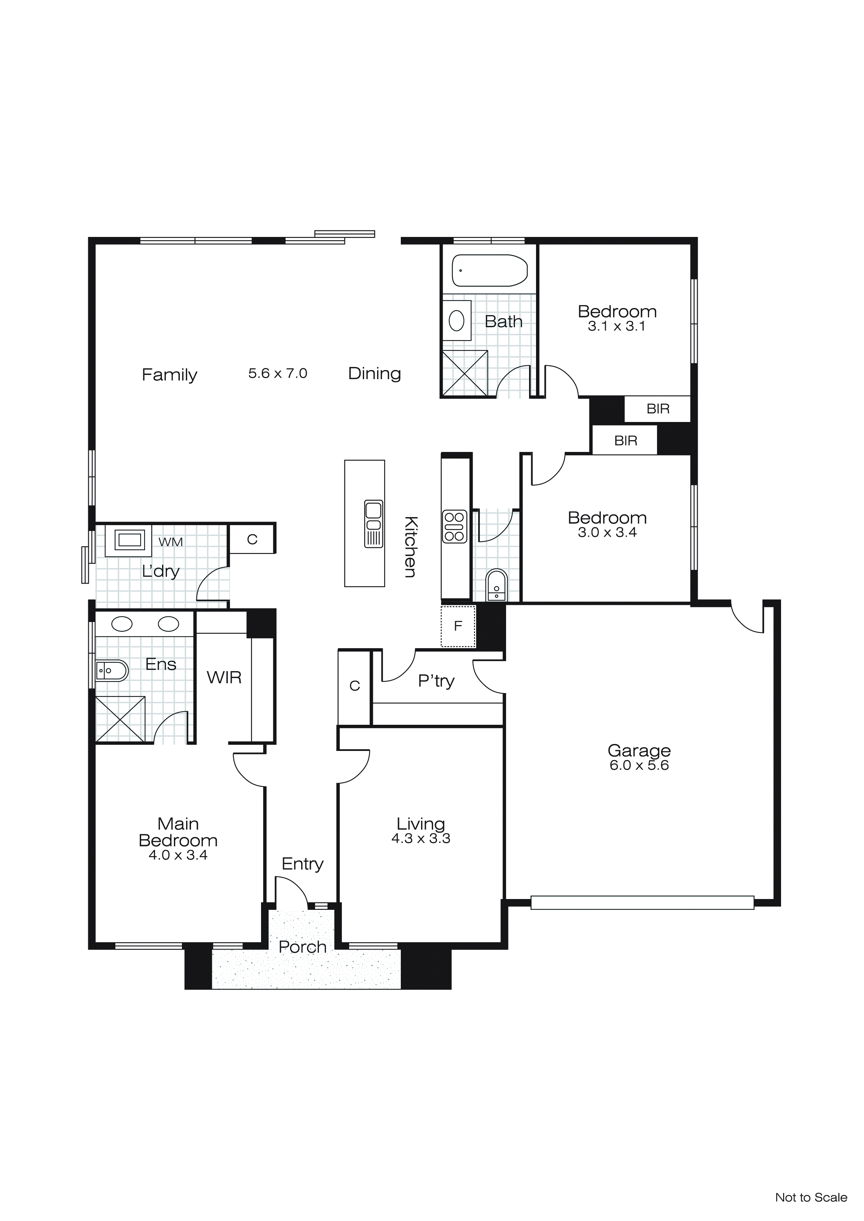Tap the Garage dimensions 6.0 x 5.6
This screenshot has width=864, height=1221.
(x=639, y=765)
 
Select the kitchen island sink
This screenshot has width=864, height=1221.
(x=374, y=523)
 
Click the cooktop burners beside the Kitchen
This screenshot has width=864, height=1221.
(x=454, y=527)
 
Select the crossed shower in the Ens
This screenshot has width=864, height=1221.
(x=120, y=719)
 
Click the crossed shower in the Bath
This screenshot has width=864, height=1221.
(x=465, y=373)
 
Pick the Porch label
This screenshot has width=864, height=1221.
(x=302, y=947)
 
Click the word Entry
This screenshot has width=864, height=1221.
(x=302, y=863)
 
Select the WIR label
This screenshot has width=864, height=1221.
(x=224, y=677)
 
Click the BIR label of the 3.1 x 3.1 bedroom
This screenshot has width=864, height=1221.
(x=658, y=409)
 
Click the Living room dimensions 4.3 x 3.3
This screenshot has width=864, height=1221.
(x=421, y=839)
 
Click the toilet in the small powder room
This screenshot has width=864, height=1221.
(x=496, y=585)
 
